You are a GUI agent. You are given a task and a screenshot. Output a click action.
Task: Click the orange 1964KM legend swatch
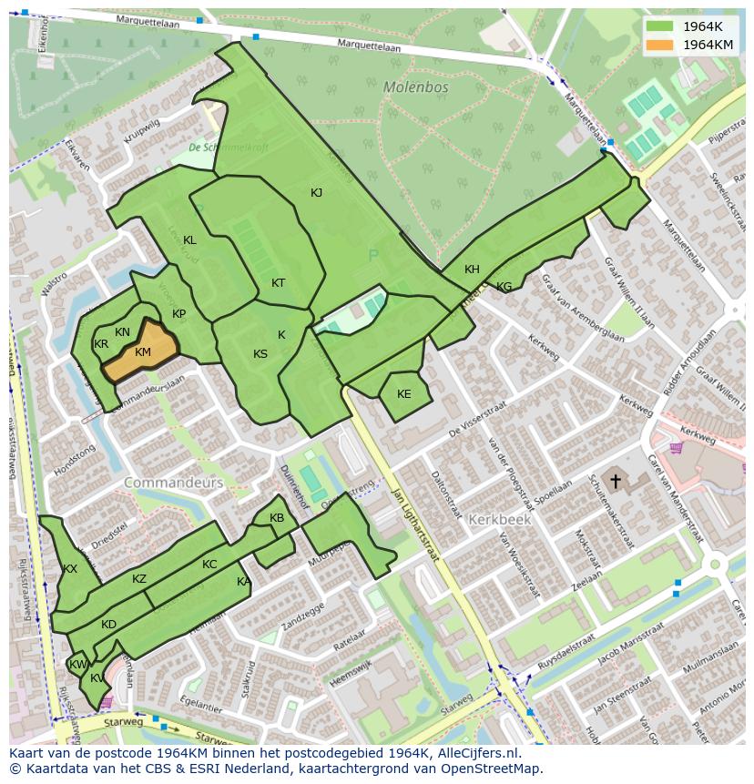pyautogui.click(x=660, y=45)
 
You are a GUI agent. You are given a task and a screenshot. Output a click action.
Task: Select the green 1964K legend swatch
pyautogui.click(x=660, y=26)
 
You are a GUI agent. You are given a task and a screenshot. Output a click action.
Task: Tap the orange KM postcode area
pyautogui.click(x=142, y=352)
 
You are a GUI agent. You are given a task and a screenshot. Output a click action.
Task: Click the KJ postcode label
pyautogui.click(x=316, y=193)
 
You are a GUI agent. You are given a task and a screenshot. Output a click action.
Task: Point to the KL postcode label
pyautogui.click(x=189, y=240)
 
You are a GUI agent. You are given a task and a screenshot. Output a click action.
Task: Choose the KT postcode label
pyautogui.click(x=278, y=283)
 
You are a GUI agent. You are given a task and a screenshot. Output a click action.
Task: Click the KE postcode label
pyautogui.click(x=403, y=394)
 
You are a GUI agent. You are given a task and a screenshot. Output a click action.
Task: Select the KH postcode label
pyautogui.click(x=472, y=270)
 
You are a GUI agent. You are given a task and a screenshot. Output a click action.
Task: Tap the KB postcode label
pyautogui.click(x=277, y=518)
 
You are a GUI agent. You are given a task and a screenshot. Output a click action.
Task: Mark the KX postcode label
pyautogui.click(x=70, y=569)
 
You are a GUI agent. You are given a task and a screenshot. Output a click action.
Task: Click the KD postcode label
pyautogui.click(x=108, y=625)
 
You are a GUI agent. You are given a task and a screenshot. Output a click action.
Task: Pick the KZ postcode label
pyautogui.click(x=138, y=579)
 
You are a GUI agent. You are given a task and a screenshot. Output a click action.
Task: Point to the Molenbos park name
pyautogui.click(x=415, y=88)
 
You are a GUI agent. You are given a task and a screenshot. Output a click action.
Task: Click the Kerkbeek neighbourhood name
pyautogui.click(x=498, y=519)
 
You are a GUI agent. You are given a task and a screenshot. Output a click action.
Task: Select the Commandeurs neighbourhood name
pyautogui.click(x=173, y=483)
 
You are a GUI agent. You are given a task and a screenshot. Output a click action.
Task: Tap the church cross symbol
pyautogui.click(x=616, y=481)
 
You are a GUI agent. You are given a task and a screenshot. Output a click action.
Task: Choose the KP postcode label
pyautogui.click(x=178, y=314)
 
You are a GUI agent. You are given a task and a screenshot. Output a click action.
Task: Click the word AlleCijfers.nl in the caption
pyautogui.click(x=476, y=753)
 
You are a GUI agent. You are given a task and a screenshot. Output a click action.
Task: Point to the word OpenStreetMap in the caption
pyautogui.click(x=493, y=769)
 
